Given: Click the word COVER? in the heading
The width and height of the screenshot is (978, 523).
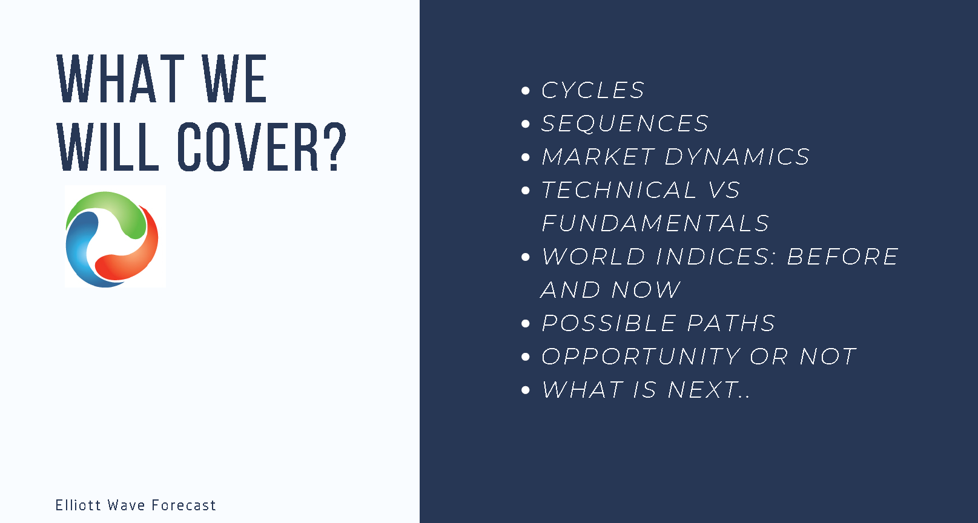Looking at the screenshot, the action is (x=262, y=146).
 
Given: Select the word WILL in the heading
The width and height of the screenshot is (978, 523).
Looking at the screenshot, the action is (x=108, y=146).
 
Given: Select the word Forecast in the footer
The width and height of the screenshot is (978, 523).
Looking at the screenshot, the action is (x=184, y=505).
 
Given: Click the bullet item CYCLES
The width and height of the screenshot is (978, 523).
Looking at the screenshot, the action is (x=592, y=90).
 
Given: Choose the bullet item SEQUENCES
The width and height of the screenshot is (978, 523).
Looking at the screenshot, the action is (x=625, y=123).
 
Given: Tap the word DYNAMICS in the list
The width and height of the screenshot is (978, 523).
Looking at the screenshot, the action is (x=737, y=157).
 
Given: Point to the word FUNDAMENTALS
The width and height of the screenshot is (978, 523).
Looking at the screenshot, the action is (x=655, y=223).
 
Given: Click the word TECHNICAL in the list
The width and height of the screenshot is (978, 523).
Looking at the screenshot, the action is (x=619, y=190).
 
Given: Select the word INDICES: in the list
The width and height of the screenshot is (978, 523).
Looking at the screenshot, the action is (x=716, y=257).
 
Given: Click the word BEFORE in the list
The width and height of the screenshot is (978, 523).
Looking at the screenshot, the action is (x=842, y=257).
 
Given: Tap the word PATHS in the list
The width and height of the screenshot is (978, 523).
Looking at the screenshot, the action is (x=731, y=323).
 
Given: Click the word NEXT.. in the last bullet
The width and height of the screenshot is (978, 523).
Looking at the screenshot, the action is (x=709, y=389).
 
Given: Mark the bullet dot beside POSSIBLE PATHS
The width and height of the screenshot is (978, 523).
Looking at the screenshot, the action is (x=526, y=323).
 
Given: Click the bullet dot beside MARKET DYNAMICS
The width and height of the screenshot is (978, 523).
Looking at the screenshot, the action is (x=526, y=157).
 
